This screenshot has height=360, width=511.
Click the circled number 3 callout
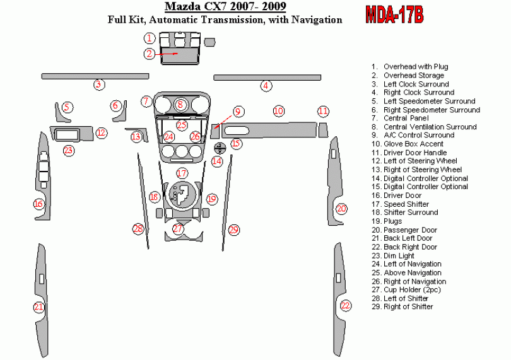click(x=98, y=84)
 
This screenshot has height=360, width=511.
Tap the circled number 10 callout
click(x=278, y=111)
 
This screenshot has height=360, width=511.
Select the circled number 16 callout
click(x=39, y=204)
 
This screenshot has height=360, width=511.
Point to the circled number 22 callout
click(x=345, y=306)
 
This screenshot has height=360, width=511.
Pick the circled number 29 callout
click(x=234, y=229)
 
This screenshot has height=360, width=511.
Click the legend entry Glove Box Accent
click(x=413, y=144)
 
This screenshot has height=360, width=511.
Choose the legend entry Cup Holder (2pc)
click(x=411, y=289)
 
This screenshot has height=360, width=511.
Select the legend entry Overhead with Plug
click(x=415, y=66)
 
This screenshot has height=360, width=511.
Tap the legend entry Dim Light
click(x=399, y=255)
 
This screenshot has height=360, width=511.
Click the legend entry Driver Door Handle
click(x=414, y=153)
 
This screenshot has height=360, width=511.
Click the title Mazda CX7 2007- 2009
click(x=225, y=8)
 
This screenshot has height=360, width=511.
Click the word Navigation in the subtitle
click(x=316, y=20)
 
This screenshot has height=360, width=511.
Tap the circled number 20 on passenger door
click(x=341, y=209)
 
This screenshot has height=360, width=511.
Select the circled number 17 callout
click(x=182, y=173)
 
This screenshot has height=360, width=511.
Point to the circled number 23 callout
click(x=68, y=150)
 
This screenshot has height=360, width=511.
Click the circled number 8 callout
click(x=180, y=105)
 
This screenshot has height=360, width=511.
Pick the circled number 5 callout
click(x=67, y=108)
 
